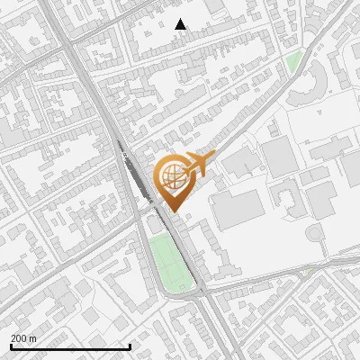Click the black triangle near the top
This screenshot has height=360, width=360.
[x=181, y=24]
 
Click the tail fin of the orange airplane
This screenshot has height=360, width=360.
[x=211, y=158]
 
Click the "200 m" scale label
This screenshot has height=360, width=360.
[x=24, y=337]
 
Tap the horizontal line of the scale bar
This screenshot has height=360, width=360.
[x=70, y=346]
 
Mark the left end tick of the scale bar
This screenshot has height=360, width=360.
[x=11, y=346]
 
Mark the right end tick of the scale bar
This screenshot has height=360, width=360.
[x=130, y=346]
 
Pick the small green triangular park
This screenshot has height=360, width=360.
[x=294, y=61]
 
